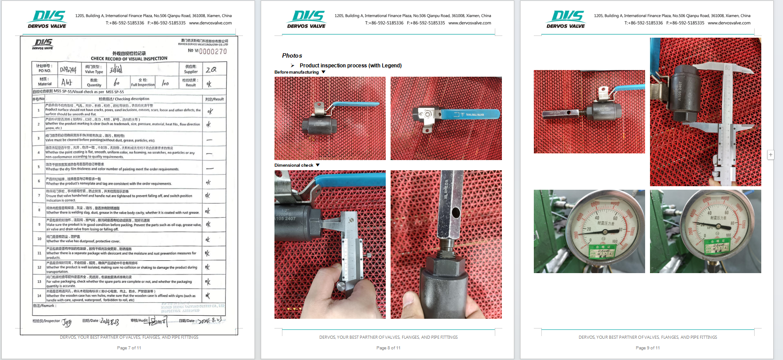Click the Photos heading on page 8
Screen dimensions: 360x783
point(292,55)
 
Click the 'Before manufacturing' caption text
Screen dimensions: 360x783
point(296,72)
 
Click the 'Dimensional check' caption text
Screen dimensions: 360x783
point(294,165)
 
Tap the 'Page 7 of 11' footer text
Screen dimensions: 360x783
point(129,348)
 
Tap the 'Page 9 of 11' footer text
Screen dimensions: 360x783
point(647,348)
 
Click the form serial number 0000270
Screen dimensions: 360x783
point(213,51)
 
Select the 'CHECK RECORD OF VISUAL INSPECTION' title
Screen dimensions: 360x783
point(129,59)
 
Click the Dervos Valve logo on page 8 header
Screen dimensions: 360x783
point(307,20)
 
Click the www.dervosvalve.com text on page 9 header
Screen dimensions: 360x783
point(729,23)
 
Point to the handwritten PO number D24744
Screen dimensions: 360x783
point(68,70)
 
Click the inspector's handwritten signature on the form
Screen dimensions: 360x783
point(67,322)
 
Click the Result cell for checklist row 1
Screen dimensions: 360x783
point(210,111)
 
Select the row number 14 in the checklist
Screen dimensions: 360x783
point(39,296)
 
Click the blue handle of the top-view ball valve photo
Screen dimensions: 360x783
point(470,114)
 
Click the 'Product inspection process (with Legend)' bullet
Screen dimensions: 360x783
point(350,66)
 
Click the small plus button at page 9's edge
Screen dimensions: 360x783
point(771,155)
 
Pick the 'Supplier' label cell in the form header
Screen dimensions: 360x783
point(191,69)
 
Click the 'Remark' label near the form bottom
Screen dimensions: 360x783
point(44,306)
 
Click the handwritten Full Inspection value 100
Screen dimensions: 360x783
point(165,83)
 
